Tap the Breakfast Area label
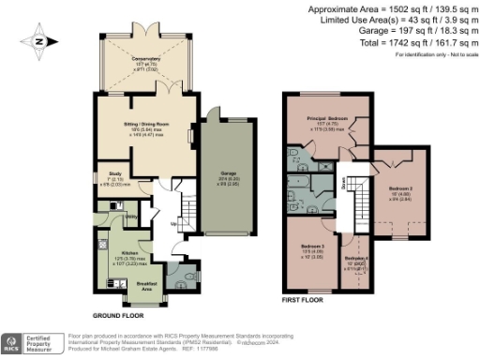[x=148, y=286]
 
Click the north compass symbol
[x=37, y=40]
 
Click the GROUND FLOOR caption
[x=116, y=316]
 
